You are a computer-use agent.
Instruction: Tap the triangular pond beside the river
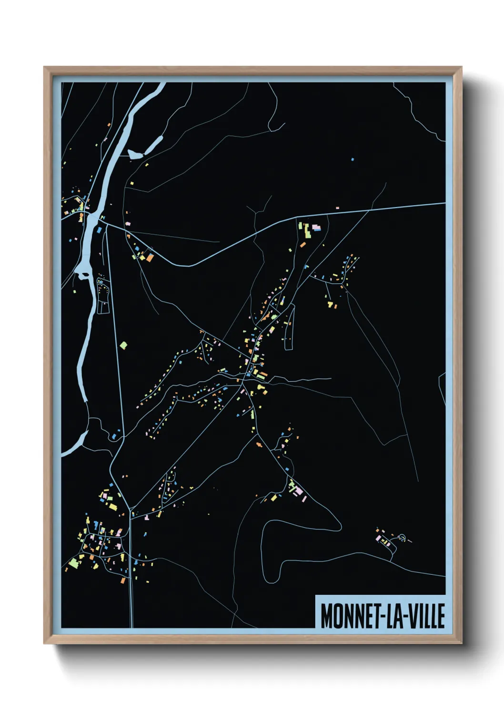[x=134, y=154]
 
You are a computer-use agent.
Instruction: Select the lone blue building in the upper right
[x=353, y=159]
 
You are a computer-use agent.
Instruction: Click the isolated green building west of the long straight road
[x=123, y=345]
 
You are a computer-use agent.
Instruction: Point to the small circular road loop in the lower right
[x=402, y=538]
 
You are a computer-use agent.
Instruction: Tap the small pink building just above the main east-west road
[x=337, y=208]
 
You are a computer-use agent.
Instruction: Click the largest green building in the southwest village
[x=73, y=563]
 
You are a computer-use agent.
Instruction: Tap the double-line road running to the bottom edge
[x=131, y=596]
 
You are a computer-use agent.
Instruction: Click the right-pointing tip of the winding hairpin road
[x=340, y=526]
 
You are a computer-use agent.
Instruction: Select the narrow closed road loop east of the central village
[x=289, y=329]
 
